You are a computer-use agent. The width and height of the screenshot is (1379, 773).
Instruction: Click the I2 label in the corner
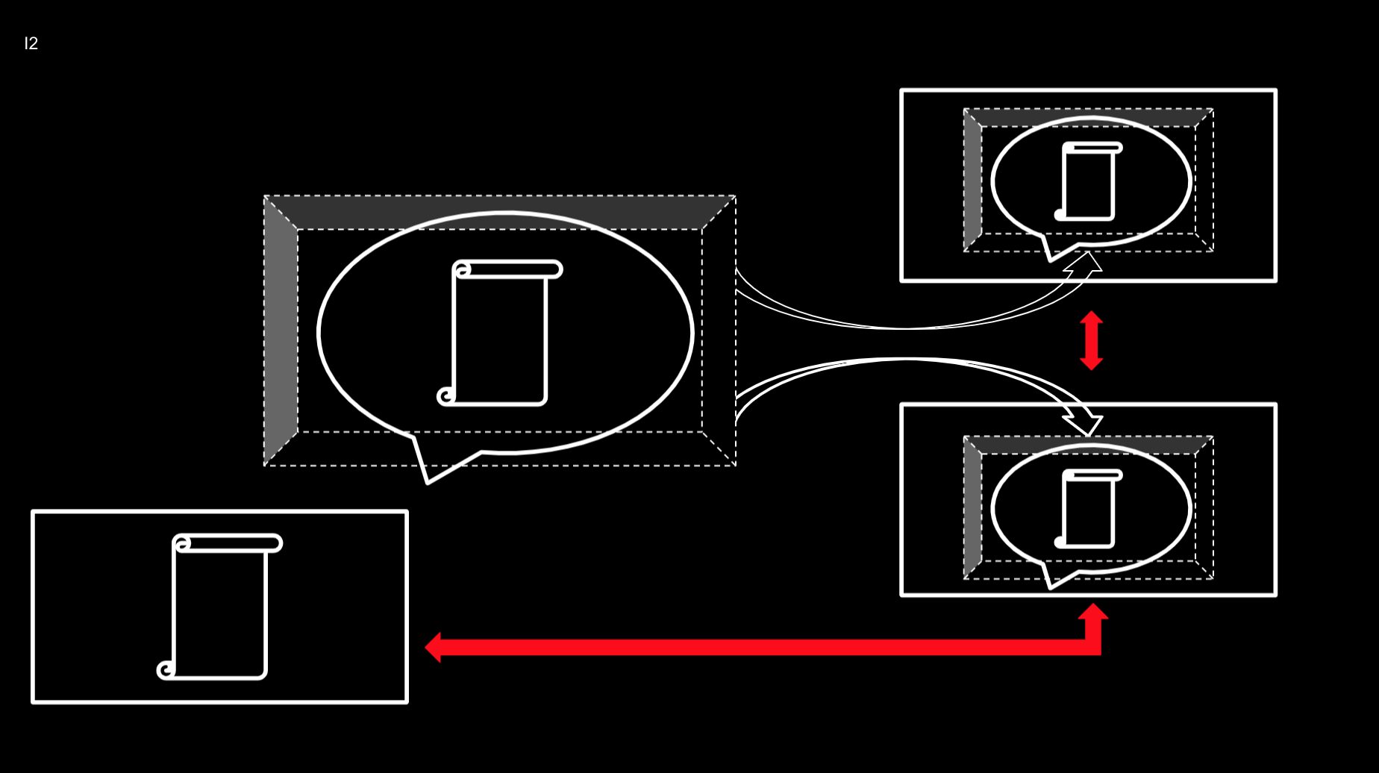coord(31,43)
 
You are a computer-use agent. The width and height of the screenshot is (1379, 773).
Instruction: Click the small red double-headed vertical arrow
coord(1091,340)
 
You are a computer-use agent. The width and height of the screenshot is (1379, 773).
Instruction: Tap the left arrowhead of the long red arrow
coord(434,647)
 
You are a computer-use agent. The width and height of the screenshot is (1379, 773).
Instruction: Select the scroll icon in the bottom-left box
coord(219,607)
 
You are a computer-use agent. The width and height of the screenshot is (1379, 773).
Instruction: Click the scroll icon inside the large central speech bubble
coord(500,333)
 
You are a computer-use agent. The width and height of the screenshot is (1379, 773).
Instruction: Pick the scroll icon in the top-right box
coord(1089,181)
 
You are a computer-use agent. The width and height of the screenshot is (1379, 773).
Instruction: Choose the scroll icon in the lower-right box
coord(1089,509)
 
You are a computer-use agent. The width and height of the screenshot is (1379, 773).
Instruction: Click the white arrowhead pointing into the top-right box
coord(1086,263)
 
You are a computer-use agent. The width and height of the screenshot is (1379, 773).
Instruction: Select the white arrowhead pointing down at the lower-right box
coord(1086,423)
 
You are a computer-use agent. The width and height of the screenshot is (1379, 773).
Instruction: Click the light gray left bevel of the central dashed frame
coord(281,331)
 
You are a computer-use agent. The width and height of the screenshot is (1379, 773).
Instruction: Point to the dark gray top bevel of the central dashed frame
coord(500,213)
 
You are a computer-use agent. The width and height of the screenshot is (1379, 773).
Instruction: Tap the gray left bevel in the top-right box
coord(972,180)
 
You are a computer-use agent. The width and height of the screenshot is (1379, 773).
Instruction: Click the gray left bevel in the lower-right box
coord(972,507)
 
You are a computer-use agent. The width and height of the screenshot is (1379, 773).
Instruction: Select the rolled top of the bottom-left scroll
coord(228,543)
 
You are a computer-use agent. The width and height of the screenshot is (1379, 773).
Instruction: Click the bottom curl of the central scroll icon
coord(446,396)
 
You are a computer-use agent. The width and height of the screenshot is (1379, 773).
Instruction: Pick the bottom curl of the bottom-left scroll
coord(166,670)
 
